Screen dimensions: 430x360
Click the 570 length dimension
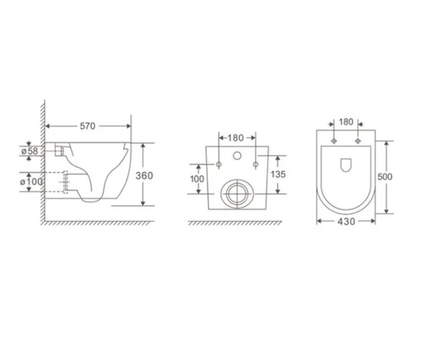coord(87,126)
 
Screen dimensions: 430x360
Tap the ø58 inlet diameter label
coord(29,151)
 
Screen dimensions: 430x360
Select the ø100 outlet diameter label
coord(32,181)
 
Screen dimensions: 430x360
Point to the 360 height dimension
coord(144,176)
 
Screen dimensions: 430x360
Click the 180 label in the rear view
coord(236,138)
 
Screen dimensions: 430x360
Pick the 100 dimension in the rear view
coord(197,179)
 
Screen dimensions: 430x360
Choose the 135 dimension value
coord(278,174)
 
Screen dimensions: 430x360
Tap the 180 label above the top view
coord(346,122)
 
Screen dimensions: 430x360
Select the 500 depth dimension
coord(385,176)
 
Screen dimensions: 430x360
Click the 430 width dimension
coord(346,222)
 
